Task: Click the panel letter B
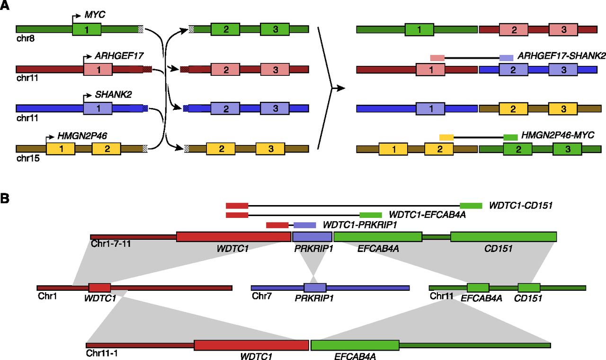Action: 5,198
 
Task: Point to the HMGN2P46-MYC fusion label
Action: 552,136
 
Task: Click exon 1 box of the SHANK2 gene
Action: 98,108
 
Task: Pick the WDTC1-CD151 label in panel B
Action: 521,206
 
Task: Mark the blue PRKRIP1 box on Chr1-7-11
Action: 312,236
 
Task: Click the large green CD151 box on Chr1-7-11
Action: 503,236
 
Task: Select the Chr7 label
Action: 261,297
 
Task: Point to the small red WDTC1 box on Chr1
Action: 99,288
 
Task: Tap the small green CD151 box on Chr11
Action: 529,288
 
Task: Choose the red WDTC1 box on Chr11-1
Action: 251,345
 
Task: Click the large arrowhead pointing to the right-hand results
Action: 337,88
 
